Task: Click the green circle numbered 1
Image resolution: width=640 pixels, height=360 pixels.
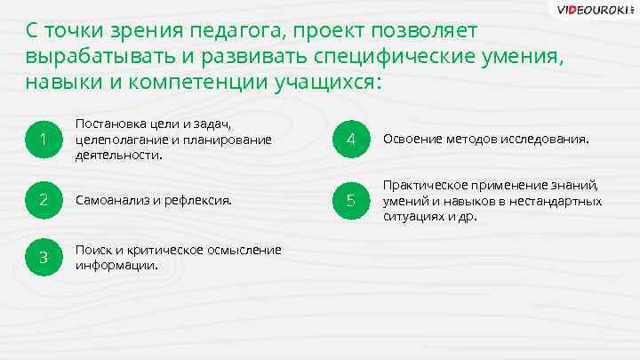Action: tap(42, 139)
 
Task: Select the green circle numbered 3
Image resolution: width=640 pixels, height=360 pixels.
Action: tap(42, 257)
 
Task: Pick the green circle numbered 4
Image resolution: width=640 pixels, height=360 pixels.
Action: tap(351, 139)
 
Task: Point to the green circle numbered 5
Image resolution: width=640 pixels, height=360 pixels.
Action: tap(351, 200)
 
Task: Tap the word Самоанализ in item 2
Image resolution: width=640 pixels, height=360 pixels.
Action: tap(113, 200)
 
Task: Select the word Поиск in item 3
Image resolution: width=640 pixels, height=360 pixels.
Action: tap(92, 250)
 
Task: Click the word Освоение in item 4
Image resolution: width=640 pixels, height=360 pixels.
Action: tap(412, 139)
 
